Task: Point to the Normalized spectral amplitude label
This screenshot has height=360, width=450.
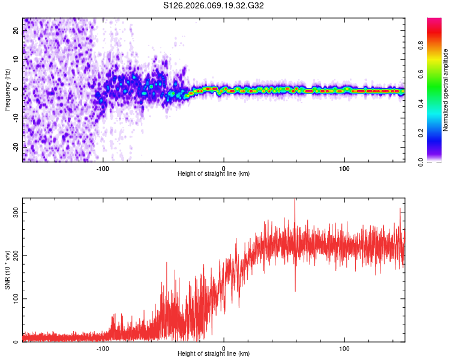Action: coord(446,90)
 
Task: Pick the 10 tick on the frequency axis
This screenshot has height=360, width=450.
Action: coord(16,60)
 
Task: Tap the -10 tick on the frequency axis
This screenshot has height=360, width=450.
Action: coord(16,118)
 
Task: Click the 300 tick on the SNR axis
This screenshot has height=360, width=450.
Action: coord(16,212)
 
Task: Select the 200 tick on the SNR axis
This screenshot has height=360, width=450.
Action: coord(16,256)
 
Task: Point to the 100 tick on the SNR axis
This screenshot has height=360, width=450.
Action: coord(16,299)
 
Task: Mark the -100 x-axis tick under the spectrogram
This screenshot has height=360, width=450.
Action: coord(102,169)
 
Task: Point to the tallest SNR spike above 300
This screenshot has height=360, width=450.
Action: coord(295,202)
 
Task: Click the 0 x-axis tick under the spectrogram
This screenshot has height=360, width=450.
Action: coord(224,169)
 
